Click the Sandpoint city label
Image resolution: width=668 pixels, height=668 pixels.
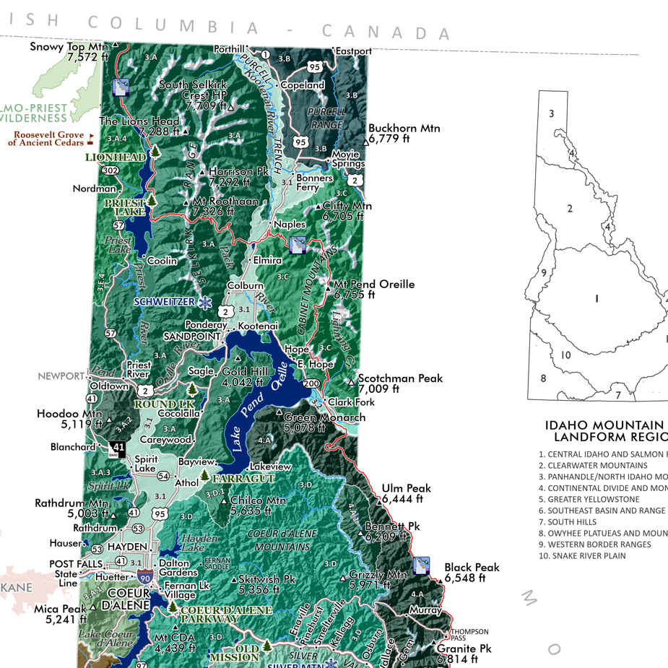coord(192,337)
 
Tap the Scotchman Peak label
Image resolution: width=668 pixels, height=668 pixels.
coord(400,383)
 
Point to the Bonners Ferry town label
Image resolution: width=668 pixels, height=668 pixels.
coord(314,183)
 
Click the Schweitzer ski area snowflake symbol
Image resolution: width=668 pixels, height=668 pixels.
coord(206,301)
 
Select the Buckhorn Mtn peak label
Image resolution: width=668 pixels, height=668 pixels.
coord(404,134)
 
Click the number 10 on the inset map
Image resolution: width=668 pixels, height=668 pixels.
coord(565,355)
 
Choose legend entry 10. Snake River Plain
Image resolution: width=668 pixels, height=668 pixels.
coord(582,555)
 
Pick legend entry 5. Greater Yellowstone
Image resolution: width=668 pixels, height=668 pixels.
coord(589,499)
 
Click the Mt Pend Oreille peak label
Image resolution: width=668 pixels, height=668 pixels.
coord(373,289)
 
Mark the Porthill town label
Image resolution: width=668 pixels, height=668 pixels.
coord(229,49)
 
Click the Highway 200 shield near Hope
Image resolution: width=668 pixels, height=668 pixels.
coord(311,383)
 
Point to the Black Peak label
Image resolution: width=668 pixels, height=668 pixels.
coord(472,573)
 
